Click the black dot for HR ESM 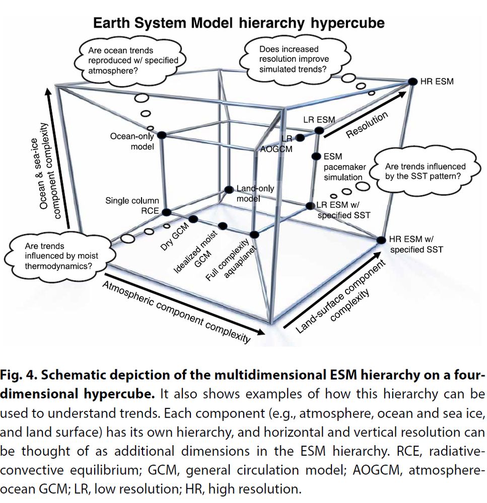pos(412,81)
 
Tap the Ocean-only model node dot pos(162,135)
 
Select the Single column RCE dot pos(167,212)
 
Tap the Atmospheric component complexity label pos(176,311)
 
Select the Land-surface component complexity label pos(339,297)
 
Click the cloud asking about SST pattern pos(425,171)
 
